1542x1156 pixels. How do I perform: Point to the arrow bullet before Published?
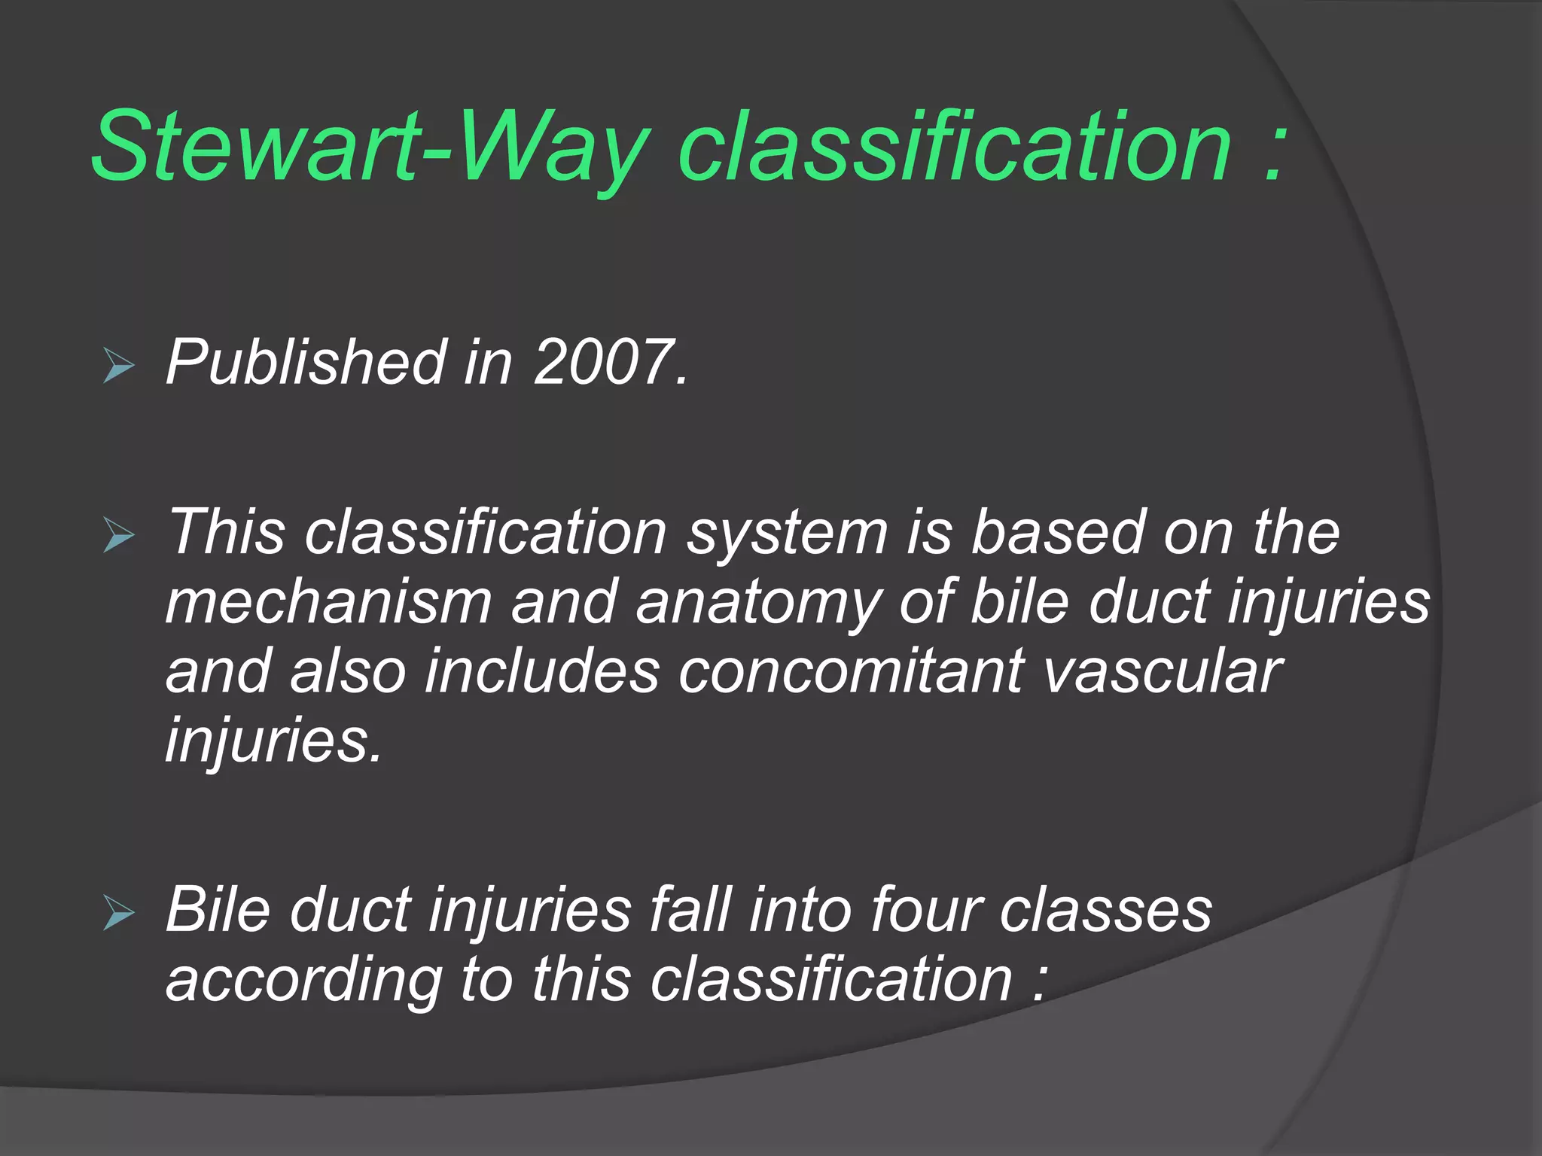pyautogui.click(x=118, y=367)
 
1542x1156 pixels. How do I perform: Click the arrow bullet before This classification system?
pyautogui.click(x=118, y=536)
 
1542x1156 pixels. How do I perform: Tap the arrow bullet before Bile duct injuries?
pyautogui.click(x=118, y=914)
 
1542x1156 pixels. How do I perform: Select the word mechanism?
pyautogui.click(x=328, y=602)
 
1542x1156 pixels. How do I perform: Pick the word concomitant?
pyautogui.click(x=851, y=671)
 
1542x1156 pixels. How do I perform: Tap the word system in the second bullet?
pyautogui.click(x=788, y=533)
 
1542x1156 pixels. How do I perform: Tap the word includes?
pyautogui.click(x=542, y=671)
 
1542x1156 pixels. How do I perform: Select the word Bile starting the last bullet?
pyautogui.click(x=218, y=909)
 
